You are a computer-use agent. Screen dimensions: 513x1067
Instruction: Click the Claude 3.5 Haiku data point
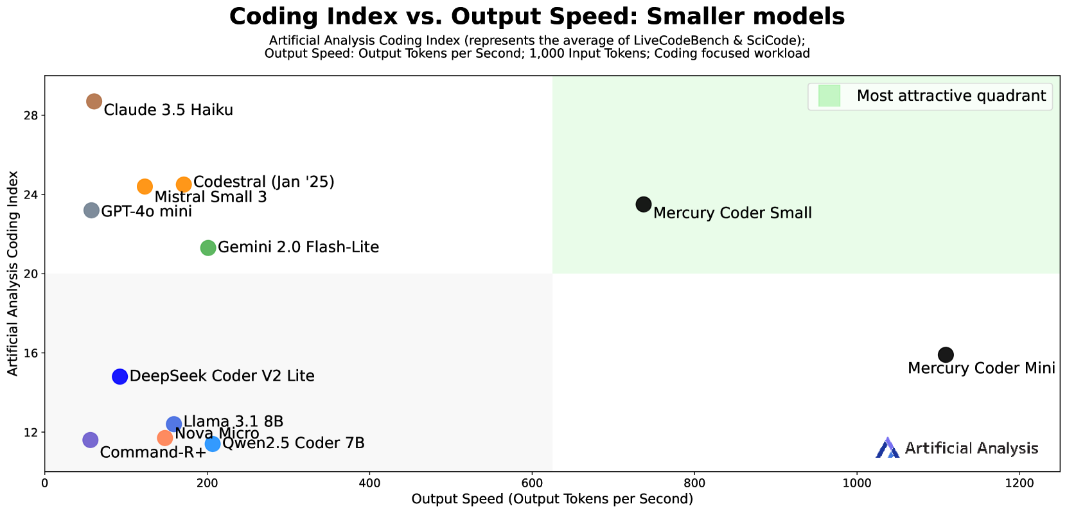tap(94, 101)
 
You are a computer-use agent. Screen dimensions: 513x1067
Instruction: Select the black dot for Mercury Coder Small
tap(644, 204)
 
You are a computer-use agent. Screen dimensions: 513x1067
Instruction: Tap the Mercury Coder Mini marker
tap(946, 354)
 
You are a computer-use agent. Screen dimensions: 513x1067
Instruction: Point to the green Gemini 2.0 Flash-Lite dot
tap(208, 248)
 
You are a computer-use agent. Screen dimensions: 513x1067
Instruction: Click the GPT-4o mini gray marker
tap(91, 211)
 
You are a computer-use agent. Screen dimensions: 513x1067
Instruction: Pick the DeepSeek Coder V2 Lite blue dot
tap(119, 377)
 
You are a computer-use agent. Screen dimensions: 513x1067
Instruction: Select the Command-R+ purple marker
tap(90, 440)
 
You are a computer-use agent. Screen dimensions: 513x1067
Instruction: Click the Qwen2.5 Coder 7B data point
tap(213, 444)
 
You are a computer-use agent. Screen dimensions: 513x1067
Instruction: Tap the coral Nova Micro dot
tap(165, 438)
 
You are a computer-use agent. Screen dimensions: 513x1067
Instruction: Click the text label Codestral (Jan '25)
tap(263, 182)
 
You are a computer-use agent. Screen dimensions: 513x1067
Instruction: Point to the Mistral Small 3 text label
tap(210, 197)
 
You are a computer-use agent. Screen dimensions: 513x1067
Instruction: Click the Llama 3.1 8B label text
tap(233, 422)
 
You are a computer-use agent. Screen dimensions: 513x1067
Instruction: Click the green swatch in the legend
tap(829, 96)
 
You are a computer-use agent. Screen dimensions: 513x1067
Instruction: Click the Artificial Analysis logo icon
tap(887, 448)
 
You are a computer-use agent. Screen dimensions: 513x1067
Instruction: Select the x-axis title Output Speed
tap(552, 500)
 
